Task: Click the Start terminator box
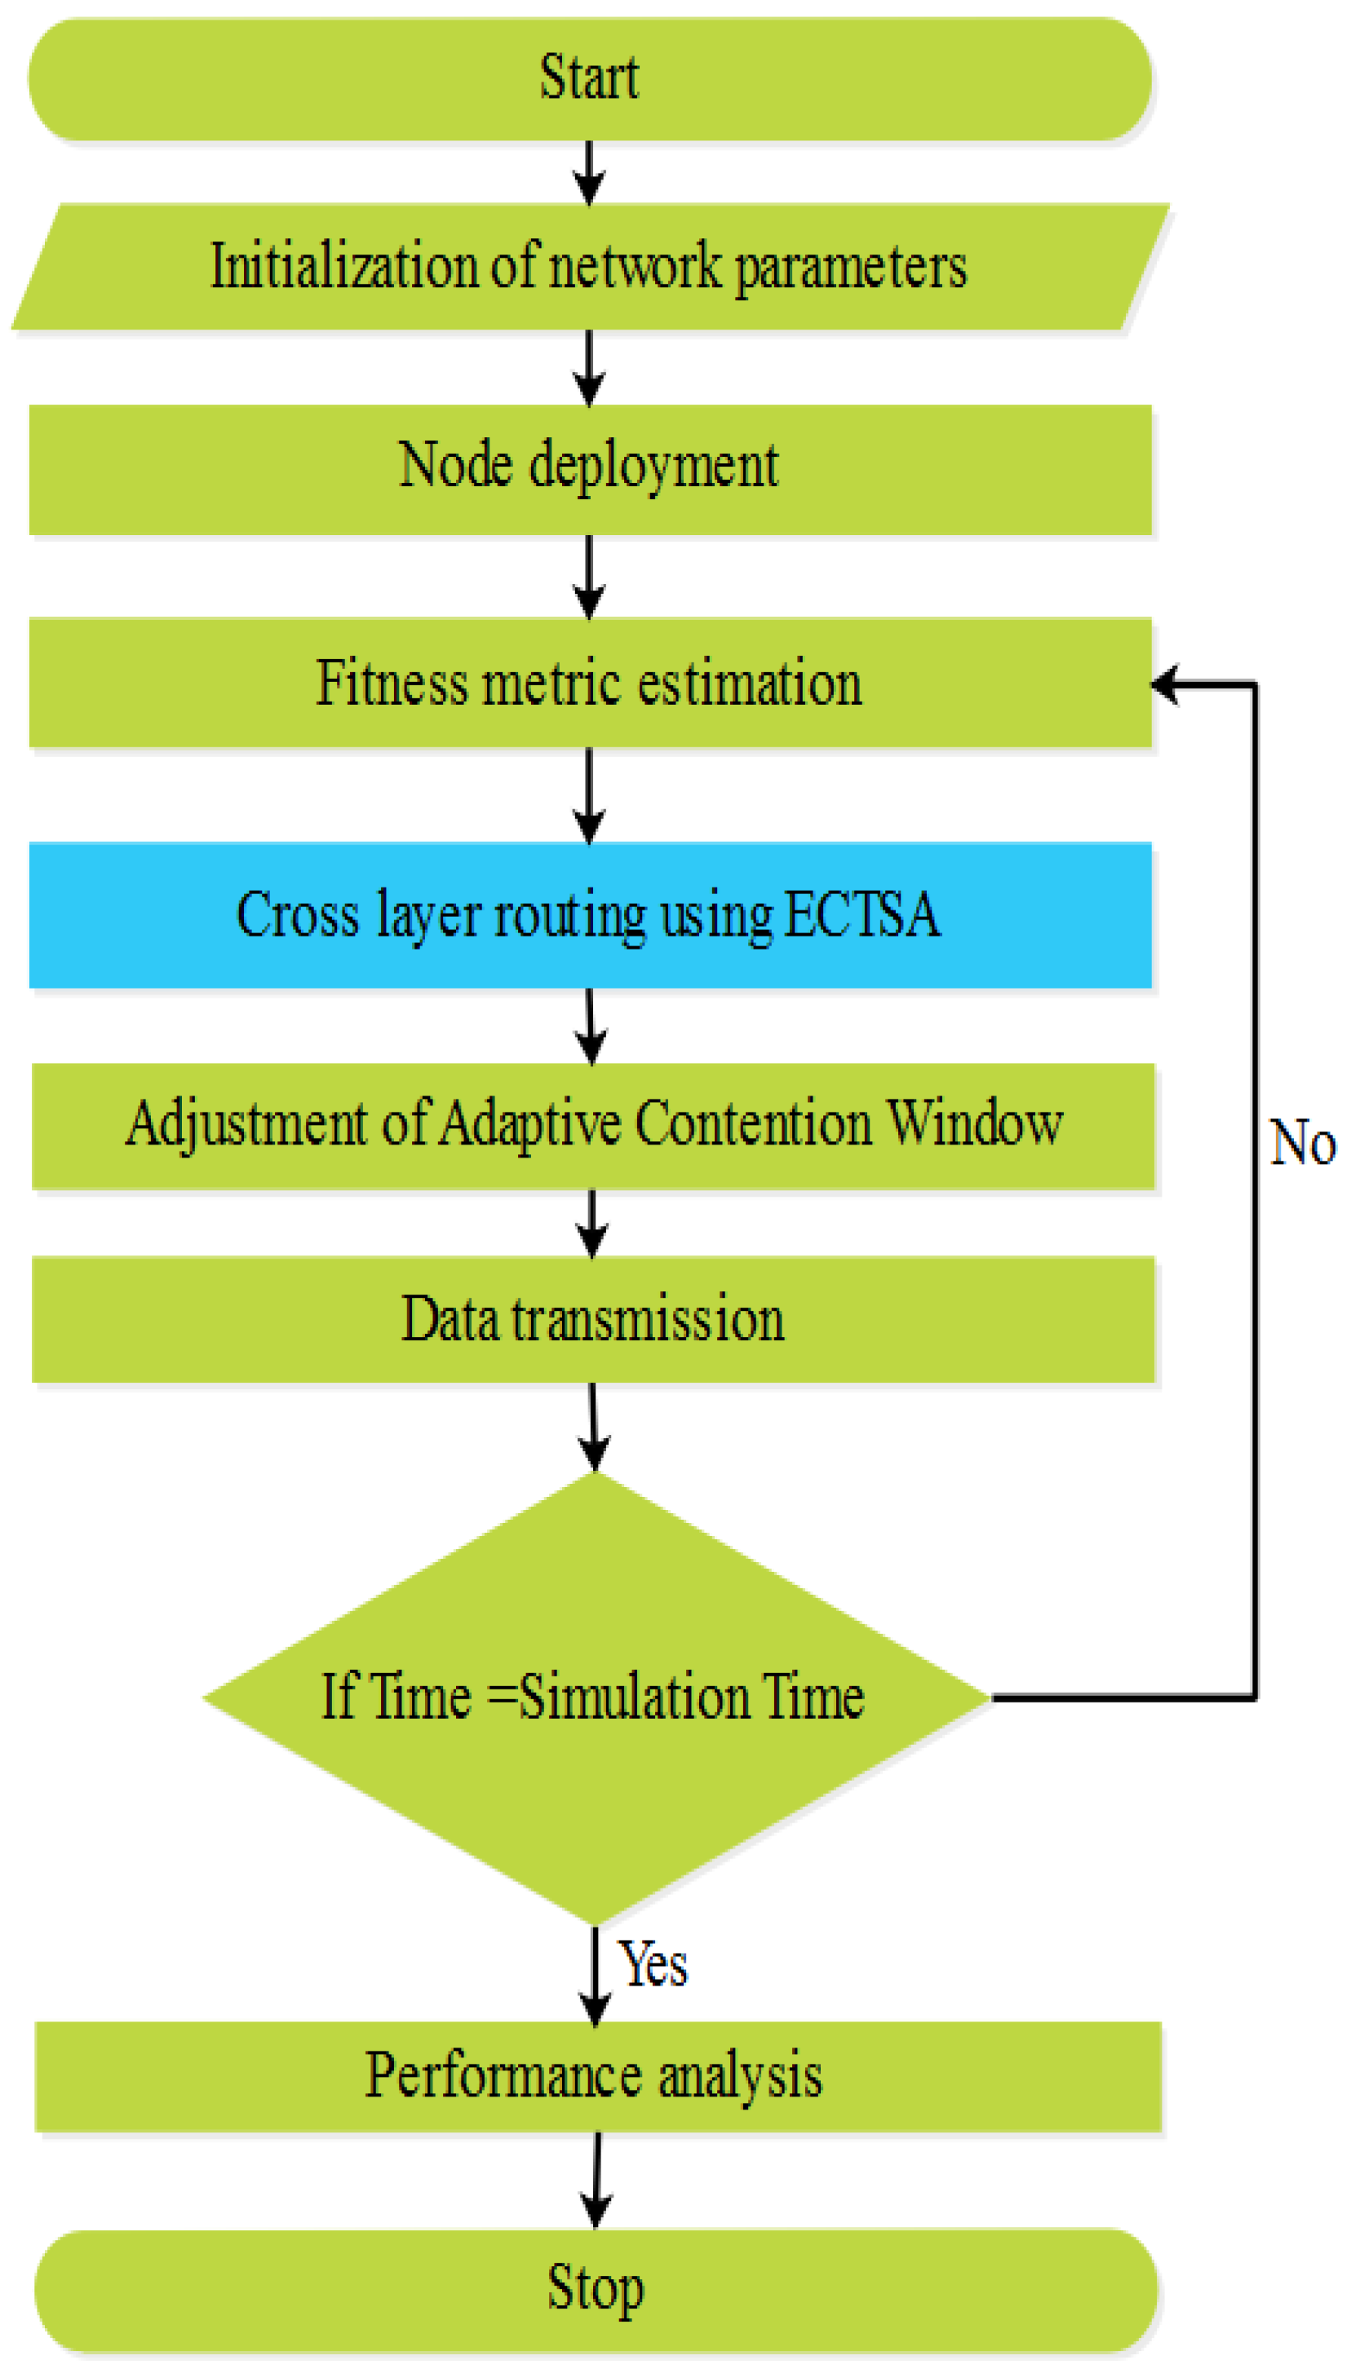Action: click(590, 79)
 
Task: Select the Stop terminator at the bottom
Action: click(596, 2290)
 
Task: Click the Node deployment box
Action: click(590, 468)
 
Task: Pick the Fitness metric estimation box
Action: click(590, 683)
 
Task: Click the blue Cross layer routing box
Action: click(590, 914)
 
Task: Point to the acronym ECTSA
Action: click(863, 914)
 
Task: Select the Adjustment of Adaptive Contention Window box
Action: click(594, 1125)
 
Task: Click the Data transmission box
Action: click(594, 1318)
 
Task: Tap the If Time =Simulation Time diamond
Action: click(594, 1697)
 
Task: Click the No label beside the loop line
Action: click(1302, 1142)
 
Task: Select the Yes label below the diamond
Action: click(653, 1963)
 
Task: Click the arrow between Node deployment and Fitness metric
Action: click(589, 577)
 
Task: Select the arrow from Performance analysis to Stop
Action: click(596, 2180)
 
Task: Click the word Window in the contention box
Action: click(974, 1123)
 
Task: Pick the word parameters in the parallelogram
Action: click(851, 268)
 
